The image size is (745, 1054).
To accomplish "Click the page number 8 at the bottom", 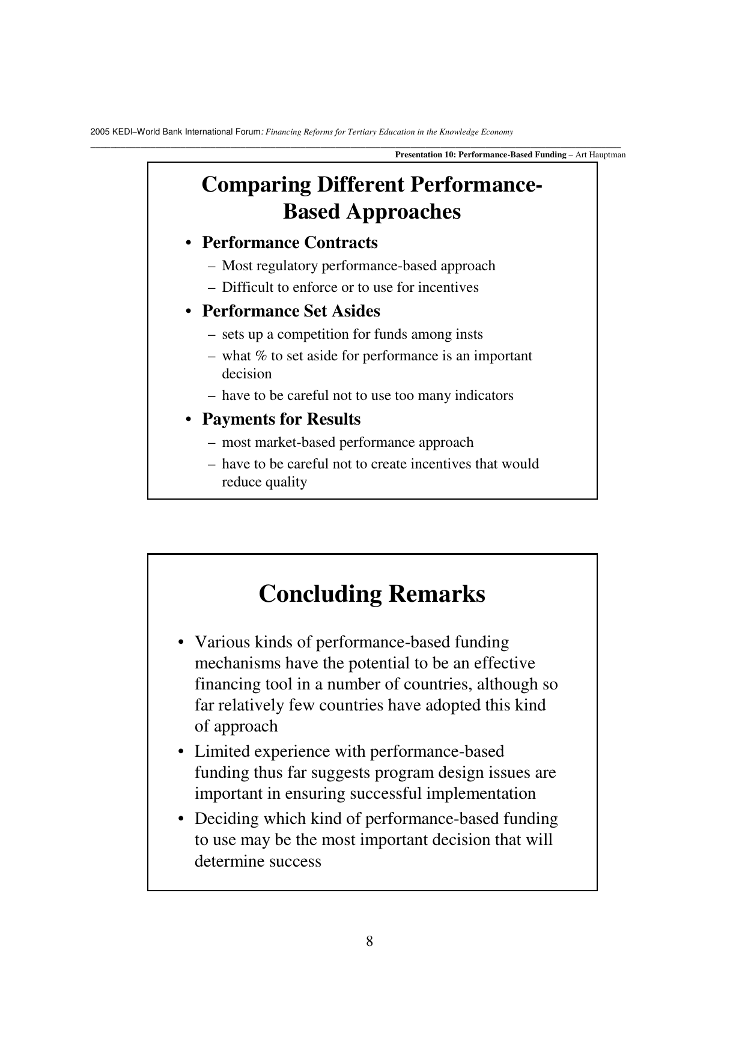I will coord(369,941).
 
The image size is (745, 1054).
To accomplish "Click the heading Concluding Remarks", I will coord(372,594).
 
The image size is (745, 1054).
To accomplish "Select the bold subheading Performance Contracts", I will coord(290,243).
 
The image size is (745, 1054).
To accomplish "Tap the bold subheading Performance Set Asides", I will coord(291,311).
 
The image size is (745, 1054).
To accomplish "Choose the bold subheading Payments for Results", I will coord(281,419).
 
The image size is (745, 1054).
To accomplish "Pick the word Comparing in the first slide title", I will coord(256,185).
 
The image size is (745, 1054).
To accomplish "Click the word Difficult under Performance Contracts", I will coord(247,288).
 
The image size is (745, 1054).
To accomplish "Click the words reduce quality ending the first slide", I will coord(264,482).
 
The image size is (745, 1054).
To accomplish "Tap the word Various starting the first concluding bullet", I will coord(222,643).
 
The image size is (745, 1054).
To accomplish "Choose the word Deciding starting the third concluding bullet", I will coord(224,819).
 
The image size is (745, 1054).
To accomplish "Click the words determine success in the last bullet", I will coord(258,861).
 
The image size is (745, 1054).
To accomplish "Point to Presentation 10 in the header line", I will coord(425,155).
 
